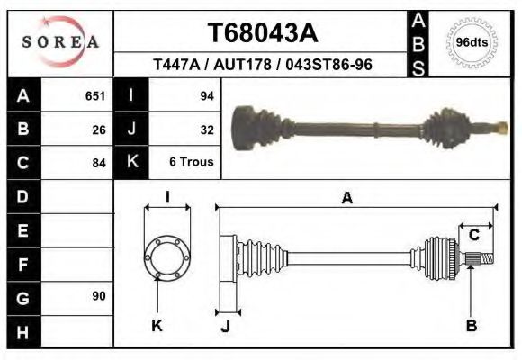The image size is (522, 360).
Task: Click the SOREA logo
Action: [60, 42]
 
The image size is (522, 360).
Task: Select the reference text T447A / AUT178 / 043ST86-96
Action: [263, 65]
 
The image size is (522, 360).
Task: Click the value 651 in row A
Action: [94, 96]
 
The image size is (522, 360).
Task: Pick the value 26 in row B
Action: [98, 130]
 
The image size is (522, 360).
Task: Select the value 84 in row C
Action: [98, 163]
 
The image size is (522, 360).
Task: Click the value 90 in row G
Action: [98, 296]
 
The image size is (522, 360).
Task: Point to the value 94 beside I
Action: [205, 96]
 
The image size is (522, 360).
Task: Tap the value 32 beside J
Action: [205, 130]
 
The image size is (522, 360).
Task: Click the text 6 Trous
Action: [190, 163]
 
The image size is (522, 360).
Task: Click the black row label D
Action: [23, 196]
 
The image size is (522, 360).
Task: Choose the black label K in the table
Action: [132, 163]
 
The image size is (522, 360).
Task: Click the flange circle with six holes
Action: [167, 256]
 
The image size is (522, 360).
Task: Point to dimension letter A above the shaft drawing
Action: [346, 200]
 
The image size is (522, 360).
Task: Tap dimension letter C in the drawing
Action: [474, 236]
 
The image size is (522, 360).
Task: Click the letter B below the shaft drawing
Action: [471, 326]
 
